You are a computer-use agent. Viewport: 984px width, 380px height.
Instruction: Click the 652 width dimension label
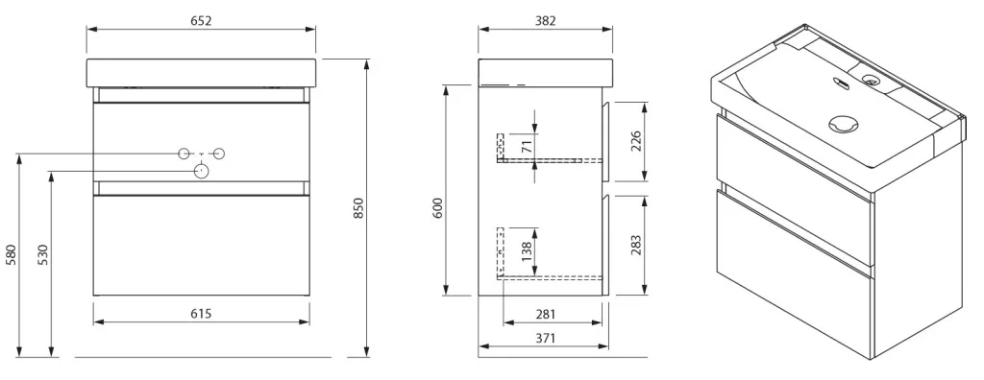[x=201, y=21]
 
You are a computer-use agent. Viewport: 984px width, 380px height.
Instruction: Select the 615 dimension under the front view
[x=201, y=314]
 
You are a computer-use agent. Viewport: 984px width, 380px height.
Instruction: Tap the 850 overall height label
[x=358, y=208]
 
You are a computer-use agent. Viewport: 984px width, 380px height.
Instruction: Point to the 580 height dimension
[x=12, y=255]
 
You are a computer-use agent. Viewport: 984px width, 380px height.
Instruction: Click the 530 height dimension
[x=42, y=255]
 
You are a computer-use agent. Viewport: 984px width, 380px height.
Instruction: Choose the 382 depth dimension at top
[x=546, y=21]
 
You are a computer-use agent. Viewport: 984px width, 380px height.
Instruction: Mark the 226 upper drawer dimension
[x=636, y=142]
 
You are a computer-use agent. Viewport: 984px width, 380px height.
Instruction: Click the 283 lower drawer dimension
[x=636, y=246]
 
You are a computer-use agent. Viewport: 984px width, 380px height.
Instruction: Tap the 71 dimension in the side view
[x=528, y=147]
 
